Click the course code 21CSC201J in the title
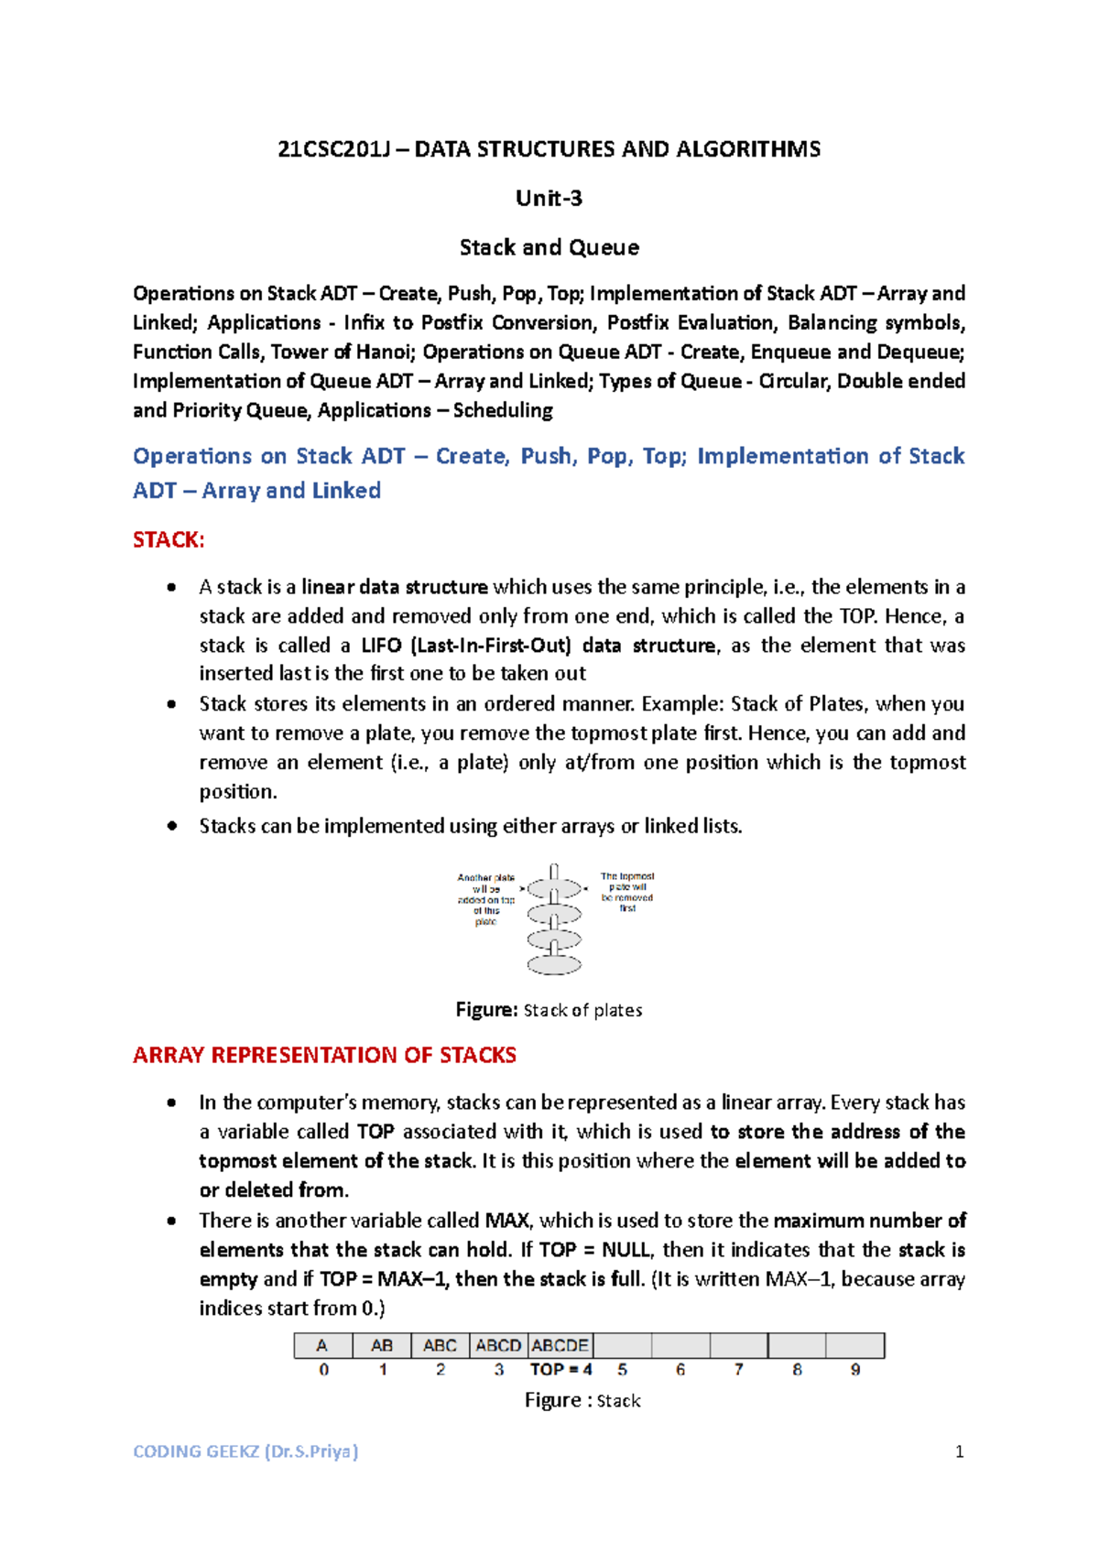328,149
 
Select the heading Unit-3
549,198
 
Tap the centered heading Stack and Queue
549,247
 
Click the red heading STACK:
169,539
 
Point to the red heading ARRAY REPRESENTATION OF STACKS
324,1055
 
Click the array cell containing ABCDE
560,1345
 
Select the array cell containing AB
382,1345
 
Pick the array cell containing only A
322,1345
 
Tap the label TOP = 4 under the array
560,1370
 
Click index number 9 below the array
854,1370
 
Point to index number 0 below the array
323,1370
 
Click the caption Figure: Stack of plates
549,1010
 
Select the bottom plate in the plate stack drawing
554,964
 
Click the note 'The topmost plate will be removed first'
627,892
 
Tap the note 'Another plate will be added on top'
486,899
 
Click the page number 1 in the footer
959,1451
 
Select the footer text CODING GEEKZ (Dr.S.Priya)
245,1451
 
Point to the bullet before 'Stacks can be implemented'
171,826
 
